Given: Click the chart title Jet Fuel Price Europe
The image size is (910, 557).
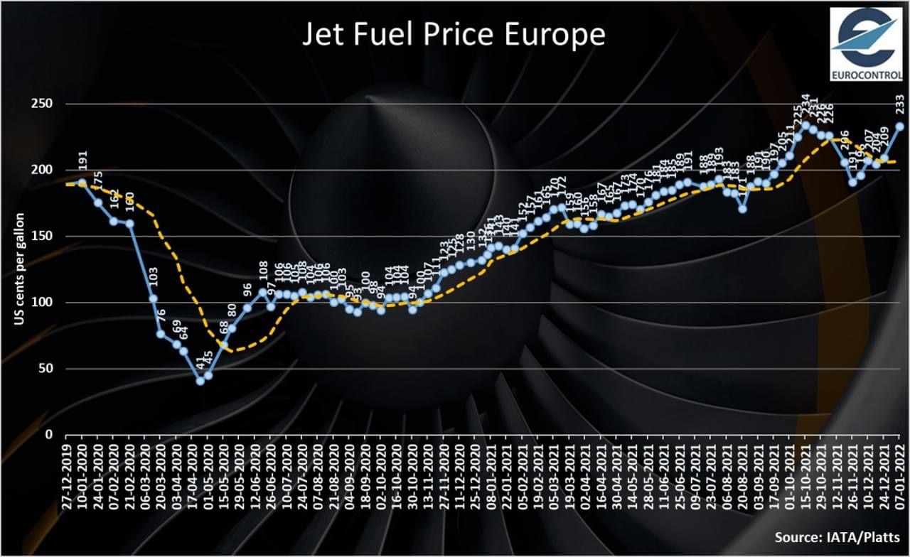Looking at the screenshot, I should pyautogui.click(x=454, y=34).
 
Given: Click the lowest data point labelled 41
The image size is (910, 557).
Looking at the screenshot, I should pyautogui.click(x=200, y=380).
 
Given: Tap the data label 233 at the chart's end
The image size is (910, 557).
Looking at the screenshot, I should pyautogui.click(x=899, y=107).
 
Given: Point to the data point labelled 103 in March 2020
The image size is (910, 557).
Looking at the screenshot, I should pyautogui.click(x=153, y=298).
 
